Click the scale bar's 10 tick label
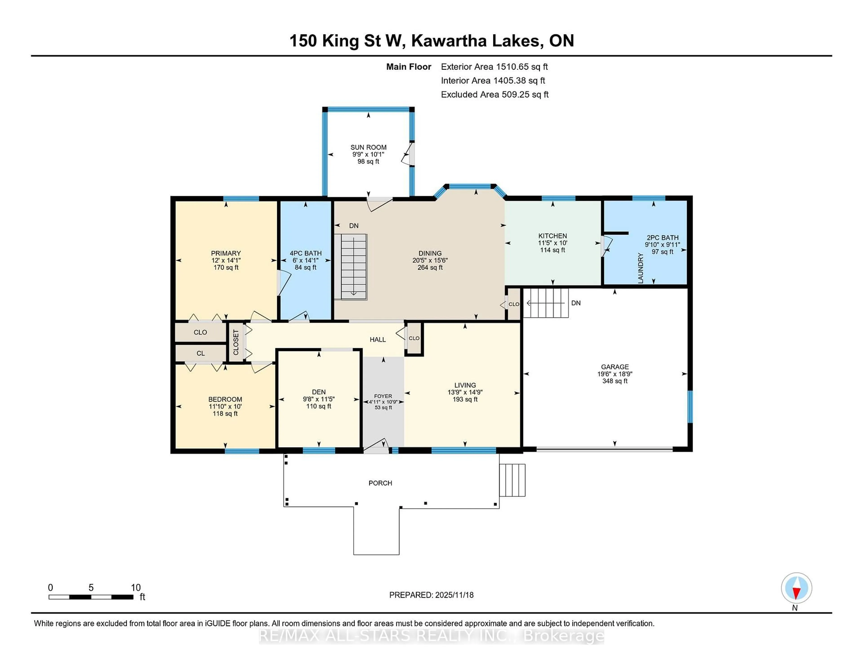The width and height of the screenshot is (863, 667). (136, 588)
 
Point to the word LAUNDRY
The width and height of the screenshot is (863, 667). (641, 268)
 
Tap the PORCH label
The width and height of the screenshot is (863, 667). (380, 483)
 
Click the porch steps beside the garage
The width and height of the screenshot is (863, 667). (512, 480)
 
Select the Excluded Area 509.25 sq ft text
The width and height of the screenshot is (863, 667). (494, 94)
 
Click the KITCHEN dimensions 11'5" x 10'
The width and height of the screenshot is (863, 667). (552, 243)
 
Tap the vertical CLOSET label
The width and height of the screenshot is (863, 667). (236, 342)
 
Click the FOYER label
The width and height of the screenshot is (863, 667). (383, 396)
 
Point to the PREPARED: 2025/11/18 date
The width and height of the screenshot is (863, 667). (431, 595)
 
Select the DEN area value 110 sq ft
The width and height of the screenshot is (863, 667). (318, 406)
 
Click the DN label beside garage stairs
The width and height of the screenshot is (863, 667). (576, 303)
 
